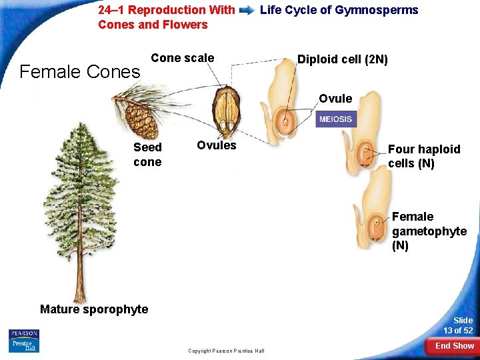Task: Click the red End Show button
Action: pyautogui.click(x=454, y=345)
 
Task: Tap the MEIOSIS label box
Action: pyautogui.click(x=335, y=119)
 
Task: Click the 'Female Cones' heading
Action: pyautogui.click(x=80, y=71)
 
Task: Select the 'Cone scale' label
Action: pyautogui.click(x=183, y=58)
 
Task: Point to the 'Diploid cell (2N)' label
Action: pyautogui.click(x=342, y=59)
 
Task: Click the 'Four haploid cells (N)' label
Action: pyautogui.click(x=423, y=156)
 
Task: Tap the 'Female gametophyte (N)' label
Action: pyautogui.click(x=429, y=231)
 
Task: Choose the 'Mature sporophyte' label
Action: pyautogui.click(x=94, y=309)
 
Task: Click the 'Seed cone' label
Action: pyautogui.click(x=147, y=154)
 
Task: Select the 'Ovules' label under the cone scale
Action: pyautogui.click(x=217, y=145)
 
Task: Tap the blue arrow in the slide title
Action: pyautogui.click(x=247, y=11)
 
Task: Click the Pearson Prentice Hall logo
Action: pyautogui.click(x=24, y=341)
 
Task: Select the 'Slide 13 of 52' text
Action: pyautogui.click(x=458, y=325)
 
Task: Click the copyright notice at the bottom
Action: pyautogui.click(x=226, y=351)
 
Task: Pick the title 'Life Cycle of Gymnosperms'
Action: pyautogui.click(x=339, y=10)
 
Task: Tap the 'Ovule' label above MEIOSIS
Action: pyautogui.click(x=335, y=99)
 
